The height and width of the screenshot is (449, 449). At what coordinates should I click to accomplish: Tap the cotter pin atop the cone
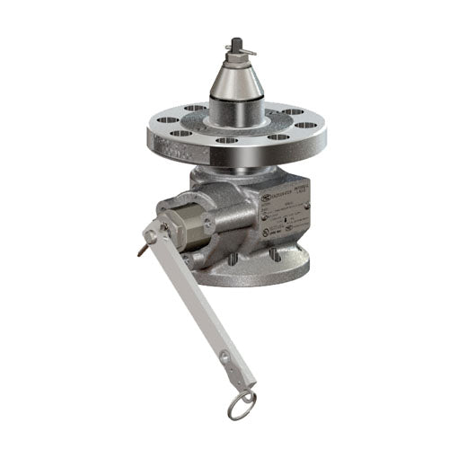[232, 44]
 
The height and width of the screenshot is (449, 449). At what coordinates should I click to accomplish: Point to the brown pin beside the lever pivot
[142, 251]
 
